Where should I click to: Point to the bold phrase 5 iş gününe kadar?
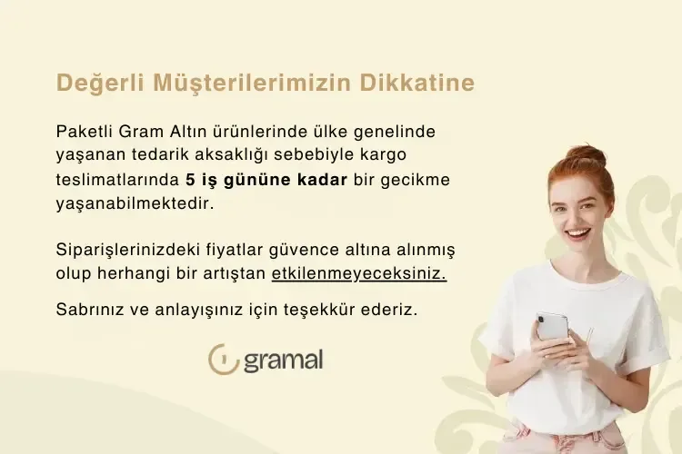pyautogui.click(x=266, y=179)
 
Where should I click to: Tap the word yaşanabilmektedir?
pyautogui.click(x=135, y=203)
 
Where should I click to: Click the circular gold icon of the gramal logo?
pyautogui.click(x=223, y=359)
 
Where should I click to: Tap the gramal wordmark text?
pyautogui.click(x=282, y=360)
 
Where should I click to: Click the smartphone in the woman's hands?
pyautogui.click(x=552, y=326)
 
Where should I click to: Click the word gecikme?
pyautogui.click(x=418, y=179)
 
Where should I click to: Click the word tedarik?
pyautogui.click(x=161, y=155)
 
